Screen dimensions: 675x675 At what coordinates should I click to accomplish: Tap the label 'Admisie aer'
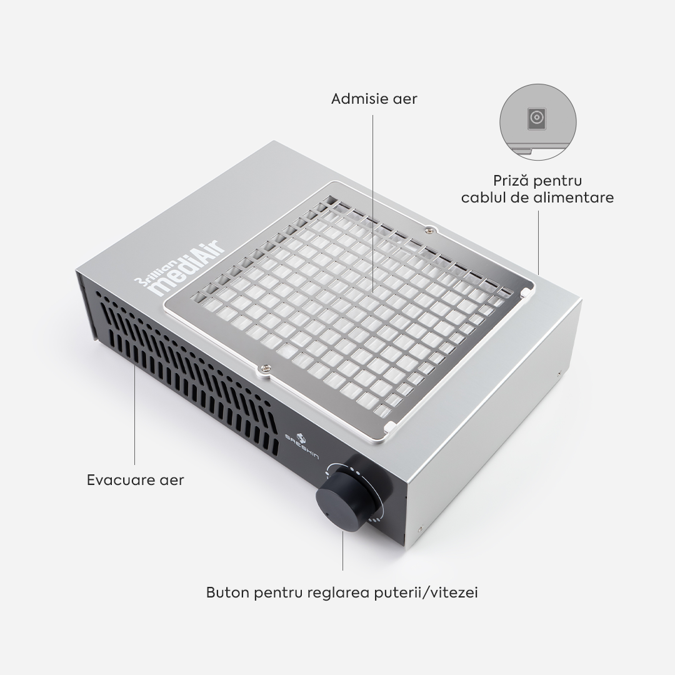tap(374, 99)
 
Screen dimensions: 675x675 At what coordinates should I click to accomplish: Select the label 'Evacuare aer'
tap(135, 480)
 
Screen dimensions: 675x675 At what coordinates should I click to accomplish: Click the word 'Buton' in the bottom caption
tap(227, 592)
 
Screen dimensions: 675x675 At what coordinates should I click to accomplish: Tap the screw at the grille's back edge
tap(428, 232)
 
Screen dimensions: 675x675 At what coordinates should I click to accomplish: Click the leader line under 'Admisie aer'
tap(372, 204)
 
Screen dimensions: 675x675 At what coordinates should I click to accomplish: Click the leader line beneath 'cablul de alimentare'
tap(539, 242)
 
